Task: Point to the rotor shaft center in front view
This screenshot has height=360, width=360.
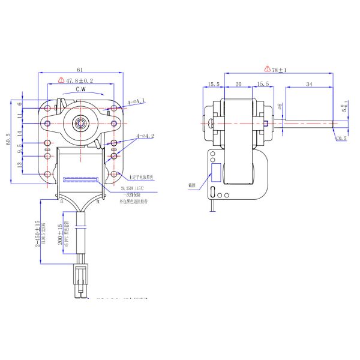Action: [79, 123]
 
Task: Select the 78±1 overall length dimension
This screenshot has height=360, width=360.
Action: [279, 70]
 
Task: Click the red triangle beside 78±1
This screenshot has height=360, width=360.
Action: [266, 70]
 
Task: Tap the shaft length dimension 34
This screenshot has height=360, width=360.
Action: [308, 85]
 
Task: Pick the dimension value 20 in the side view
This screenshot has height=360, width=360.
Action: [238, 85]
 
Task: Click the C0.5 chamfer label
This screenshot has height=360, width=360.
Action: [341, 139]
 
